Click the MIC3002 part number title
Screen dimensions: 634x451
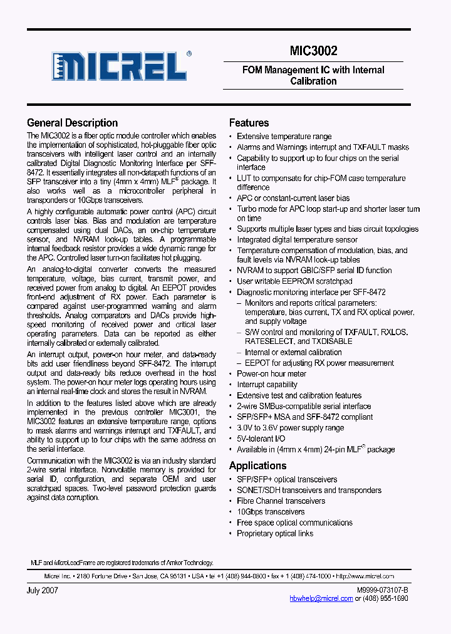[x=313, y=51]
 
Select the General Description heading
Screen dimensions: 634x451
[x=72, y=123]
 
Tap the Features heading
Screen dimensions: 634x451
[x=249, y=123]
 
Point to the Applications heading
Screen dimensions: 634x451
[x=257, y=465]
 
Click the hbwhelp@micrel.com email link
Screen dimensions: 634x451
[x=321, y=598]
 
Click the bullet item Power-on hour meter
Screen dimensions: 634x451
[x=271, y=374]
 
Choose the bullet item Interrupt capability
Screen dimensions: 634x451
[x=267, y=385]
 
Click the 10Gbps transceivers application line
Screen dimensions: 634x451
[x=271, y=512]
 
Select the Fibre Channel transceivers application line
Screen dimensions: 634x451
[x=281, y=501]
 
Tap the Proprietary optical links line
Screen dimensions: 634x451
[x=275, y=533]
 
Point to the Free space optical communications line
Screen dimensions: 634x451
[x=294, y=522]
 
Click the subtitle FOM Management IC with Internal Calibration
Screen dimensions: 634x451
[x=313, y=75]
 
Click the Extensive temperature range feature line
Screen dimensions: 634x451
[x=284, y=137]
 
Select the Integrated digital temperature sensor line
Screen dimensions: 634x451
[x=297, y=239]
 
